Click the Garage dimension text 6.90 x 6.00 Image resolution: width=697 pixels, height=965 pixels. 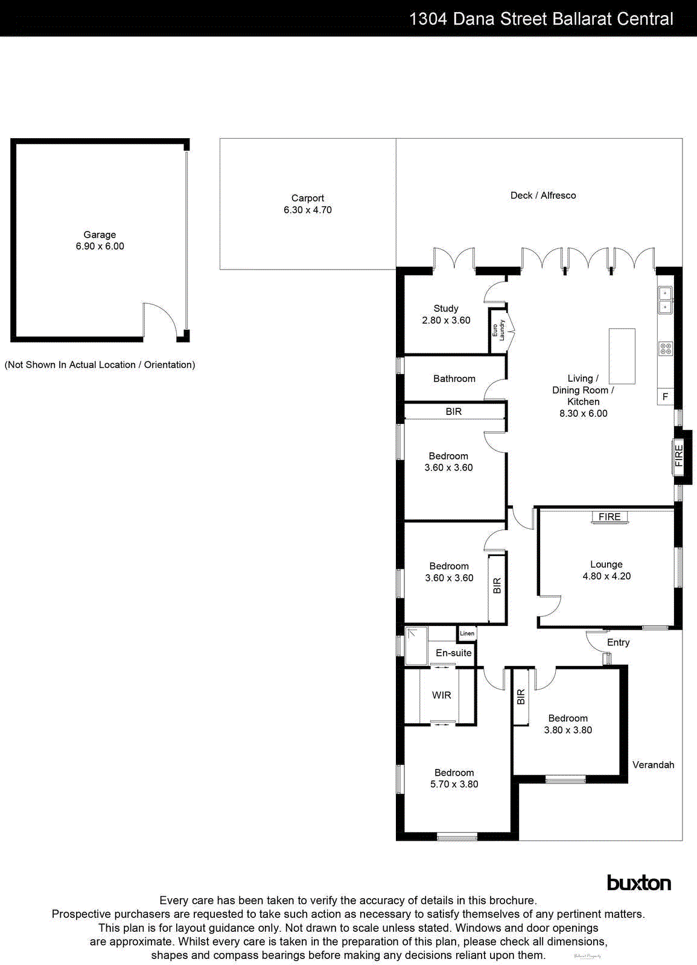[x=100, y=246]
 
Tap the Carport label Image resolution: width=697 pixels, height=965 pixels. [x=308, y=198]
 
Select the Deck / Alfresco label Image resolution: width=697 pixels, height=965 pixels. [x=543, y=195]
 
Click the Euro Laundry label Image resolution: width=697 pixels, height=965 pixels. [x=498, y=331]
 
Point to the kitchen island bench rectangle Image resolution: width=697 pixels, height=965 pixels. [x=622, y=356]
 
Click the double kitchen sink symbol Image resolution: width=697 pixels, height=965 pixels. [x=665, y=300]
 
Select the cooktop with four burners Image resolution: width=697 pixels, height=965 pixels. [x=665, y=349]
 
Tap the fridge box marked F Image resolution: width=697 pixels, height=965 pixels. [x=665, y=396]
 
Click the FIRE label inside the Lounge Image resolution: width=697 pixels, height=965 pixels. [x=609, y=517]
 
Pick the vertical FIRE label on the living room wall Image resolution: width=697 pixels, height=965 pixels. [x=679, y=455]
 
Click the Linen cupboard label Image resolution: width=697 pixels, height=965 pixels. [x=467, y=633]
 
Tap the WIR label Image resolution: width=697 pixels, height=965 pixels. [x=442, y=695]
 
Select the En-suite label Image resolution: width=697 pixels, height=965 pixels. [x=454, y=653]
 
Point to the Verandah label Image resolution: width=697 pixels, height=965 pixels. [x=653, y=765]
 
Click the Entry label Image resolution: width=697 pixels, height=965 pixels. [x=618, y=642]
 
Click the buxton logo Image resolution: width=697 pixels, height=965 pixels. [x=638, y=883]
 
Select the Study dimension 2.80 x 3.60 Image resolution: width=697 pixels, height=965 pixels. [x=446, y=320]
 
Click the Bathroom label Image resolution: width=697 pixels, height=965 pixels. [x=454, y=379]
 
